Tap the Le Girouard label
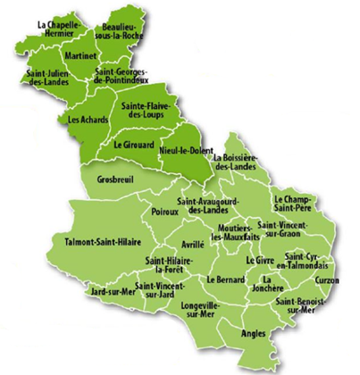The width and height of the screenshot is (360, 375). pyautogui.click(x=131, y=144)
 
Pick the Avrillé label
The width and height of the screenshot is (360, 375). pyautogui.click(x=193, y=242)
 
